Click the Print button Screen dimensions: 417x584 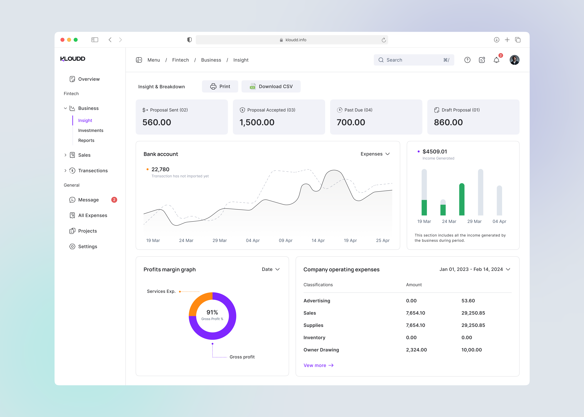pyautogui.click(x=220, y=87)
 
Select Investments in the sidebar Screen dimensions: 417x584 pyautogui.click(x=91, y=130)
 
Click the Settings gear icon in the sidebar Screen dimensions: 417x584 pyautogui.click(x=72, y=247)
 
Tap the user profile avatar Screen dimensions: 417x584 pyautogui.click(x=514, y=60)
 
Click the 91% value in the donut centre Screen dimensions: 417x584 pyautogui.click(x=212, y=312)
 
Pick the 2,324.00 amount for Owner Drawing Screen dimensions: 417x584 pyautogui.click(x=416, y=350)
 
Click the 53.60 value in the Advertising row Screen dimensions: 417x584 pyautogui.click(x=468, y=301)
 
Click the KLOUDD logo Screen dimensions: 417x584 pyautogui.click(x=73, y=59)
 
